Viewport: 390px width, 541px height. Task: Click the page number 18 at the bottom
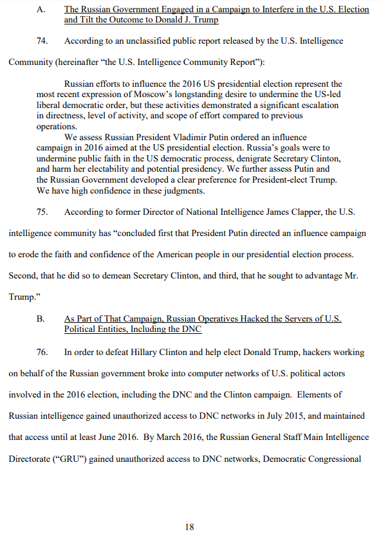click(189, 527)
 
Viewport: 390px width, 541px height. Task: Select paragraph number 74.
click(42, 41)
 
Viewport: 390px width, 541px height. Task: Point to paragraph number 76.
click(42, 353)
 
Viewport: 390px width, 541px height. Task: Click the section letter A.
click(41, 10)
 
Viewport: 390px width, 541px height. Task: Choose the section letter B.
click(40, 319)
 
